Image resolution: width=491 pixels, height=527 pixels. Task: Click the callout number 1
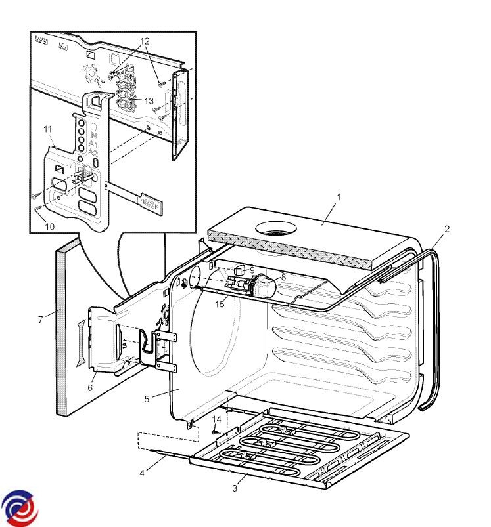pyautogui.click(x=339, y=196)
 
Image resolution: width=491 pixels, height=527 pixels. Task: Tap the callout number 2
pyautogui.click(x=447, y=229)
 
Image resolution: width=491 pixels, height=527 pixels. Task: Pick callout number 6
pyautogui.click(x=91, y=388)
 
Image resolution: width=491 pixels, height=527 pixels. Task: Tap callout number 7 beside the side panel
pyautogui.click(x=41, y=320)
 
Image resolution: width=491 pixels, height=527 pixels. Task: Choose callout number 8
pyautogui.click(x=283, y=278)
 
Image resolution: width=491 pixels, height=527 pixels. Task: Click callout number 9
pyautogui.click(x=252, y=270)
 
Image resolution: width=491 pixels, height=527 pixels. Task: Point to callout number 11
pyautogui.click(x=47, y=129)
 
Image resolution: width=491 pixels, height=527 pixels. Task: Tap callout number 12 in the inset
pyautogui.click(x=145, y=41)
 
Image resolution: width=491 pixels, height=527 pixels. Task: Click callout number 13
pyautogui.click(x=149, y=101)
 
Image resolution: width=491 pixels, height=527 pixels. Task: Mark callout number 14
pyautogui.click(x=216, y=419)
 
